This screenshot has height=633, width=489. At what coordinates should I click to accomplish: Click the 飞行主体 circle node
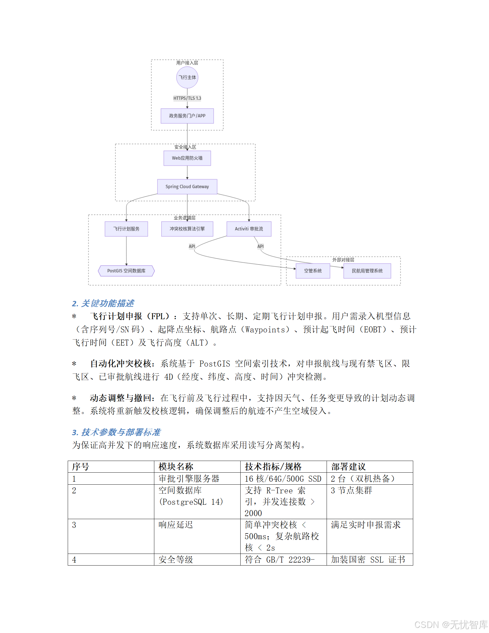click(x=187, y=77)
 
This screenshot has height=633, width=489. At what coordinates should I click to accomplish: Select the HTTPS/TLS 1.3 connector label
click(x=187, y=98)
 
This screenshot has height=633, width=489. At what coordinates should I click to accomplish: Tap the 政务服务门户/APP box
click(x=187, y=116)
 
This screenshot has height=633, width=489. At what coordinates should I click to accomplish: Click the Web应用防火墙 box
click(x=187, y=158)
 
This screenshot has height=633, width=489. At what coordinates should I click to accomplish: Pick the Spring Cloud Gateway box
click(x=187, y=186)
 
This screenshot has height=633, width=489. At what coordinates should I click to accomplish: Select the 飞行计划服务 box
click(x=126, y=229)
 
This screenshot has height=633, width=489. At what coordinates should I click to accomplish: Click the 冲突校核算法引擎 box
click(x=187, y=229)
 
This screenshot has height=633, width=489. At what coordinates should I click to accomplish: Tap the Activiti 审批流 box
click(x=249, y=229)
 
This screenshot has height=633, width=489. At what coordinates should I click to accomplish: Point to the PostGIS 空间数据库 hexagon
click(x=126, y=271)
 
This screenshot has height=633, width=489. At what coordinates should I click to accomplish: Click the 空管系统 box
click(x=313, y=271)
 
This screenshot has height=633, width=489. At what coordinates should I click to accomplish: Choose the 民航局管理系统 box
click(x=367, y=271)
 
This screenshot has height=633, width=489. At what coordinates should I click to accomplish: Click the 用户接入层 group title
click(x=187, y=63)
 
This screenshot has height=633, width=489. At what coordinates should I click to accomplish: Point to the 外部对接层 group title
click(x=343, y=260)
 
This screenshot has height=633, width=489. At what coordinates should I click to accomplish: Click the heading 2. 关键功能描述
click(x=103, y=303)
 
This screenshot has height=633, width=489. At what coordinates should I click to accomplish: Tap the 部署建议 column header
click(x=348, y=467)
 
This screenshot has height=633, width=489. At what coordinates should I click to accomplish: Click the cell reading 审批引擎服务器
click(x=189, y=479)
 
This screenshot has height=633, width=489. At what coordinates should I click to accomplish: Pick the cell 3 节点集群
click(x=351, y=491)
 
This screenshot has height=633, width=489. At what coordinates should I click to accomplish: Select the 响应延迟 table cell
click(x=176, y=525)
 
